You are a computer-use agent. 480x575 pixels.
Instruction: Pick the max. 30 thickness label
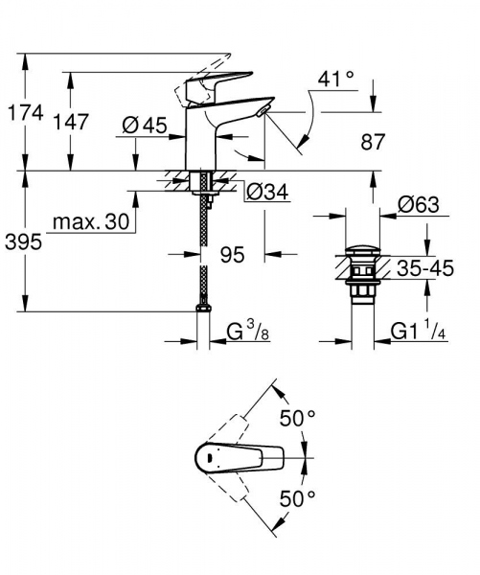pos(91,223)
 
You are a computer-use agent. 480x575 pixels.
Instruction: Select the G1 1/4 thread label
pos(420,333)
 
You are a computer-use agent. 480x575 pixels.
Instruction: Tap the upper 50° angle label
pos(297,418)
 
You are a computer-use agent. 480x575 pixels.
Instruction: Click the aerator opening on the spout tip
pos(263,114)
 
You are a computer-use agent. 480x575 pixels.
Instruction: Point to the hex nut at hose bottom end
pos(203,309)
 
